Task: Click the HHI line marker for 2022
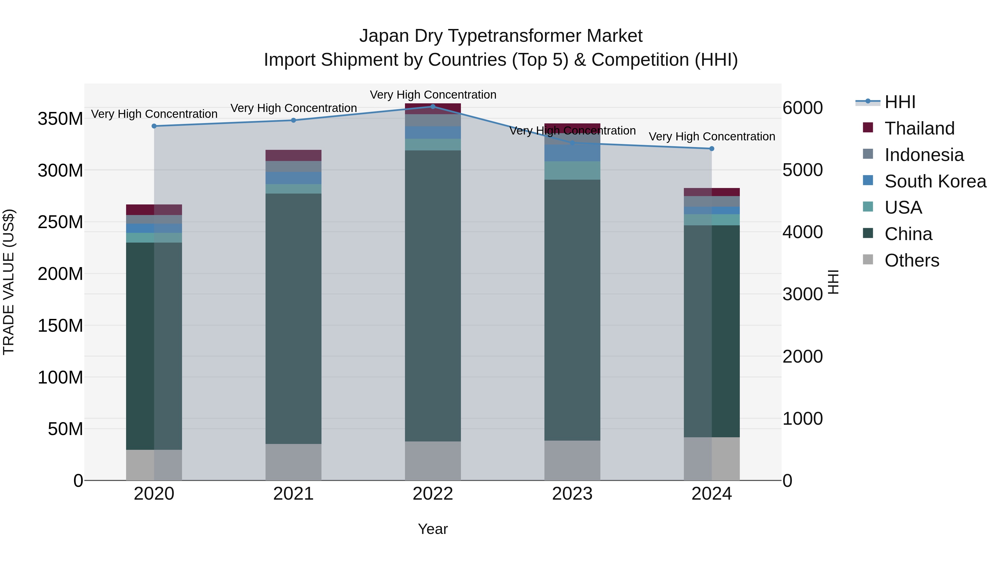coord(433,107)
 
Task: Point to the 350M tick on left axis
coord(60,119)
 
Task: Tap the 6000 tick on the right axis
coord(802,108)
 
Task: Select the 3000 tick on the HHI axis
coord(802,294)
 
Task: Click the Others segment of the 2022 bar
coord(433,461)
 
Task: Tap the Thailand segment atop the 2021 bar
coord(293,155)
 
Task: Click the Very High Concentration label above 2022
coord(433,95)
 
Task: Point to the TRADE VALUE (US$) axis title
coord(9,282)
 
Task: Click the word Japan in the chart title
coord(384,36)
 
